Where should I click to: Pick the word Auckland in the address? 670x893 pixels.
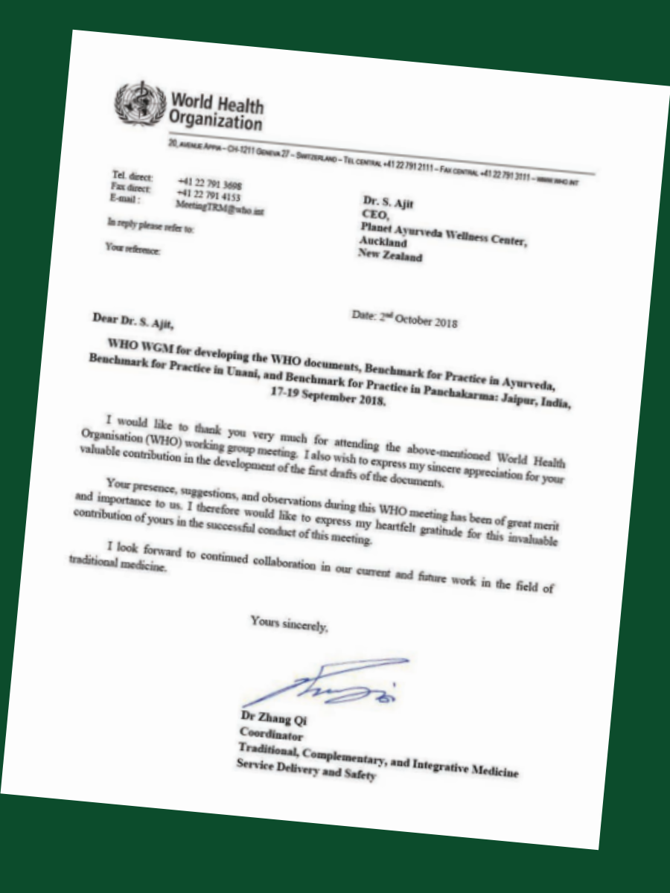pyautogui.click(x=383, y=242)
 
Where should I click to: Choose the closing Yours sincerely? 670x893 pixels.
pyautogui.click(x=289, y=624)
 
